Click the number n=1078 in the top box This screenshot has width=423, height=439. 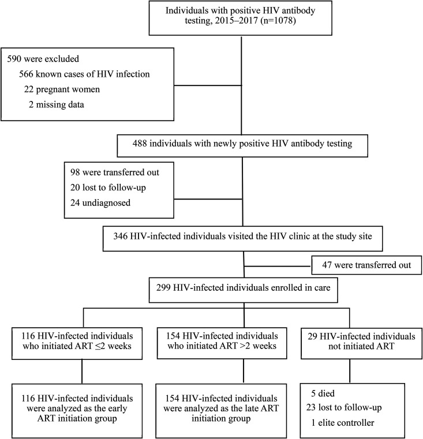278,21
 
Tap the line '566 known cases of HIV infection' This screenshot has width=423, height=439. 84,74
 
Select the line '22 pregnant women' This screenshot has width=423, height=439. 62,89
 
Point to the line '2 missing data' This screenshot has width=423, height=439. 57,104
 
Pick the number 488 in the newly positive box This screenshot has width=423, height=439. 140,143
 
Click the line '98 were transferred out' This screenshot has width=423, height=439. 115,172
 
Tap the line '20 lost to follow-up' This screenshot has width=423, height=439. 108,187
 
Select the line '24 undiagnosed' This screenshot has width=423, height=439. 100,202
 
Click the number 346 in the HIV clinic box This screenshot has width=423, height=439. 121,236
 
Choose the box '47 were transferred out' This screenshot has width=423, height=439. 366,265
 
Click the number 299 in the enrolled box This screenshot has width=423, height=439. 163,287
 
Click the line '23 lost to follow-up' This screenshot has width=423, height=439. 344,408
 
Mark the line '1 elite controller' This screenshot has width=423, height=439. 343,422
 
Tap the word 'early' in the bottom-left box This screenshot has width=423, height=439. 115,409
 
